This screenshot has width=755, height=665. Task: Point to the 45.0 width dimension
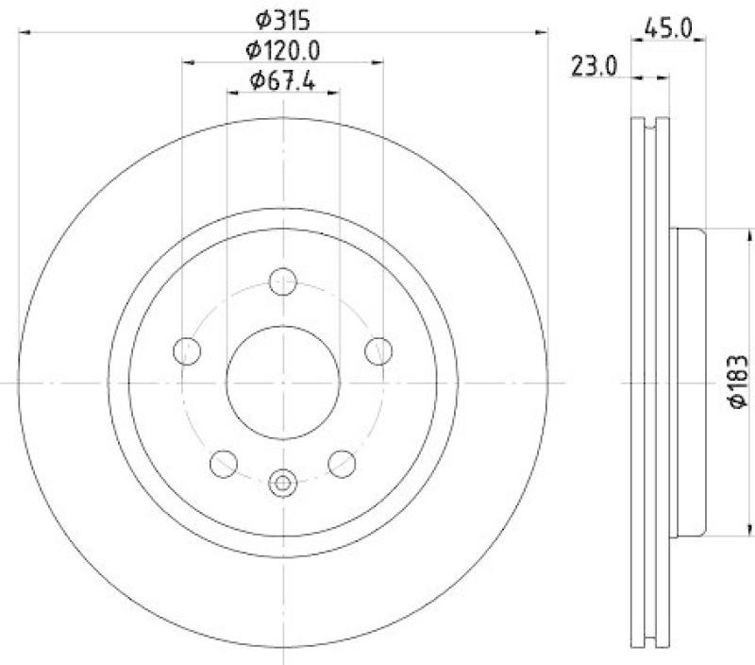(x=668, y=28)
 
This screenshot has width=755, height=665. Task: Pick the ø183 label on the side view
(x=739, y=383)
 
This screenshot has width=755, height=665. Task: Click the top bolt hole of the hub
(x=283, y=281)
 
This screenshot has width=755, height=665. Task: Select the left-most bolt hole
(x=188, y=350)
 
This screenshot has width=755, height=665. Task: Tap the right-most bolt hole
(x=378, y=350)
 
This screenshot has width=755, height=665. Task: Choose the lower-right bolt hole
(x=342, y=463)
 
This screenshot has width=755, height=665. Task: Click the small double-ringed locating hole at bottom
(x=283, y=484)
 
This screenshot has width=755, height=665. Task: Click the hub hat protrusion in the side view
(x=689, y=383)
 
